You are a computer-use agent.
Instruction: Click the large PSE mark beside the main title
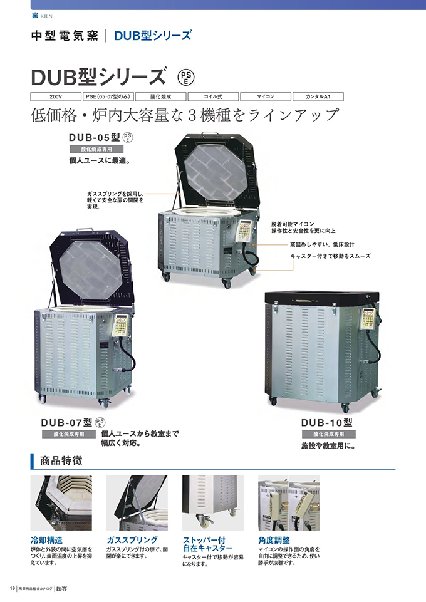coord(187,77)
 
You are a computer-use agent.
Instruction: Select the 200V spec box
coord(56,96)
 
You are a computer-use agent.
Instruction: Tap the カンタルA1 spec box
coord(318,96)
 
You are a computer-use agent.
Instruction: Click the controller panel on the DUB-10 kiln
coord(368,319)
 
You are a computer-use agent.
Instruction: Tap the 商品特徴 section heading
coord(60,461)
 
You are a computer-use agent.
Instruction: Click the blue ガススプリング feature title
coord(132,539)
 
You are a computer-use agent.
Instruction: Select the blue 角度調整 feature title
coord(274,539)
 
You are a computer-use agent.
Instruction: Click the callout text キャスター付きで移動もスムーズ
coord(330,256)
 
